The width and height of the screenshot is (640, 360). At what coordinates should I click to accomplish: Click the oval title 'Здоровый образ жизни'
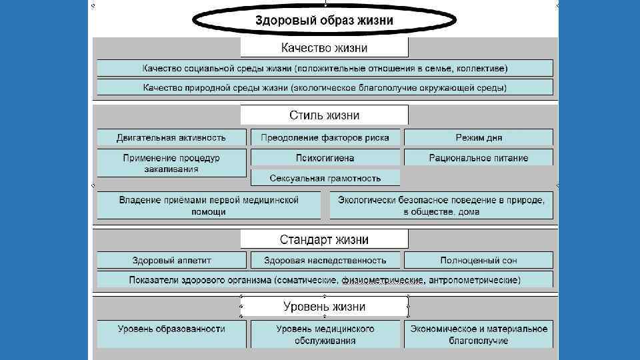pos(325,20)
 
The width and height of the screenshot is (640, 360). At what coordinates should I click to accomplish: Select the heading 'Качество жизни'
pos(324,48)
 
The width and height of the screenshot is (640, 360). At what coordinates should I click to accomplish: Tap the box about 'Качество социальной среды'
pos(325,68)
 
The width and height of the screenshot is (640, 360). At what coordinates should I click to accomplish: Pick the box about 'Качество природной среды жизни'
pos(325,87)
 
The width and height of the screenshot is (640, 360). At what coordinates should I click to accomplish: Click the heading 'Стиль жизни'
pos(324,115)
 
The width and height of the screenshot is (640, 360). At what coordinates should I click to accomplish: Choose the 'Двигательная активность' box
pos(171,138)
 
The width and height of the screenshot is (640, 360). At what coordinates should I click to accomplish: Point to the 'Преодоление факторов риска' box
pos(325,138)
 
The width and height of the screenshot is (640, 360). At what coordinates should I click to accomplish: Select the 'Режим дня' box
pos(479,138)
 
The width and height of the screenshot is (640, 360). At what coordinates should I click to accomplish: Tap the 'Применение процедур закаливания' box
pos(171,163)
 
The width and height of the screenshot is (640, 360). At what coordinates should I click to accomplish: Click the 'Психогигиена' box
pos(325,158)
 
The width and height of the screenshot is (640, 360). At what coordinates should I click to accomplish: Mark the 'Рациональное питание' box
pos(479,158)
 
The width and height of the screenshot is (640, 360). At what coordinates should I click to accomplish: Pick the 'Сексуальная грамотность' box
pos(325,178)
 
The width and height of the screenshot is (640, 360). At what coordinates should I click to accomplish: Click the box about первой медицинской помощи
pos(209,205)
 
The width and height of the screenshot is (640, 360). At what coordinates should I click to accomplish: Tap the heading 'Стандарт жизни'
pos(324,239)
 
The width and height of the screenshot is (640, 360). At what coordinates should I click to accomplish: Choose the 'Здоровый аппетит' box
pos(171,260)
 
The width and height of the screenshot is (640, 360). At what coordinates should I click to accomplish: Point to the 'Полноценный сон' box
pos(479,260)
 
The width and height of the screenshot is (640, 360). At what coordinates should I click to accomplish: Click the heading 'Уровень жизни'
pos(324,307)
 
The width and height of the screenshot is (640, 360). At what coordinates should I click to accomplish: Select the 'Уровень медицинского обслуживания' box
pos(325,334)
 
